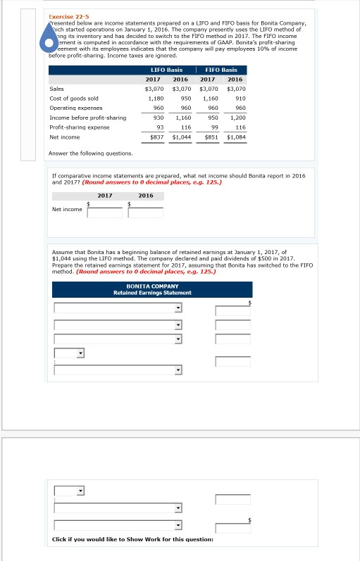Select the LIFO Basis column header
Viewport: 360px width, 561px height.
click(x=166, y=70)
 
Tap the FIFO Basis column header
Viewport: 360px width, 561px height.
click(x=221, y=70)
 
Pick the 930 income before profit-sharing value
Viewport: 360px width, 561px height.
click(x=159, y=118)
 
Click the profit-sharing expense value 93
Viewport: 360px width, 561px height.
click(x=160, y=127)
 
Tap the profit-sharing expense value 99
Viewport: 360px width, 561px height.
click(x=215, y=127)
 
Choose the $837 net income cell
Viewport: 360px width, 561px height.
click(x=156, y=137)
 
